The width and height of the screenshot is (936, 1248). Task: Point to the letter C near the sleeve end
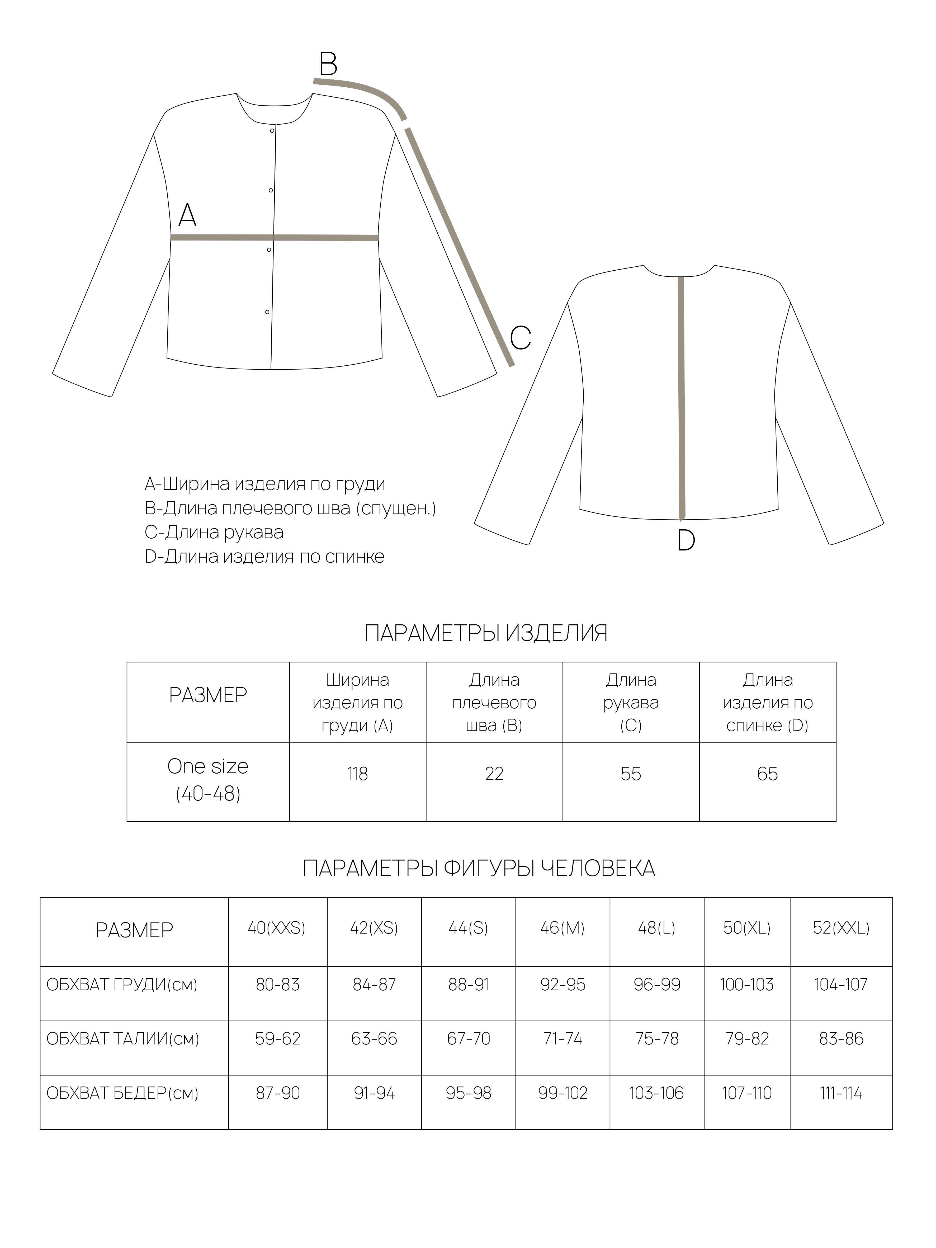520,338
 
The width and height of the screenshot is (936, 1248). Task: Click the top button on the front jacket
272,131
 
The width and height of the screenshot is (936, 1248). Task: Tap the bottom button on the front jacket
267,312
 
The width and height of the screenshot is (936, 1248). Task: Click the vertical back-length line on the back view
681,395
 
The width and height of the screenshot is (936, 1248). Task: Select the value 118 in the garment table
357,774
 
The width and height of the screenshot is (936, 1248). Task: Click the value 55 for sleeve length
631,774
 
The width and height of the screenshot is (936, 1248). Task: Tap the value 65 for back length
767,774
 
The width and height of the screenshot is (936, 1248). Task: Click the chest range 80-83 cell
278,985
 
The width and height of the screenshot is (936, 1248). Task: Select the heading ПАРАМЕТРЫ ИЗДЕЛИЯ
486,634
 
